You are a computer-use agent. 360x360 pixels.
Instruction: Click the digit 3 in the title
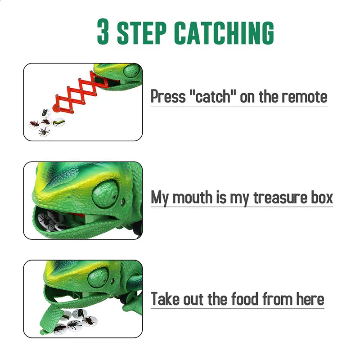(103, 32)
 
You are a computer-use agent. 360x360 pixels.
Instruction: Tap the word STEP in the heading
(142, 32)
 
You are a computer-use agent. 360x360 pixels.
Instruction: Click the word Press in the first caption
(168, 96)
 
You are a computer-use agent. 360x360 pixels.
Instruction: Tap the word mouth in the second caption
(193, 198)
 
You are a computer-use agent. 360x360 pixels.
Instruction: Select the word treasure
(280, 198)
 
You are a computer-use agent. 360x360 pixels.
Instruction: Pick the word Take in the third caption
(165, 299)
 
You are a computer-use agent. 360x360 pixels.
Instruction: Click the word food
(244, 299)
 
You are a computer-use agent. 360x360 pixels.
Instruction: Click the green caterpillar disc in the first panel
(59, 122)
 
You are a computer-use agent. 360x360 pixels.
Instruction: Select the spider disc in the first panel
(44, 131)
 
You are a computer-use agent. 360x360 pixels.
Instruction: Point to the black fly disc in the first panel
(45, 113)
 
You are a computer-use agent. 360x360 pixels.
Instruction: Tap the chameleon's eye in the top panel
(132, 70)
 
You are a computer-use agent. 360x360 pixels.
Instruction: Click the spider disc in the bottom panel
(74, 325)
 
